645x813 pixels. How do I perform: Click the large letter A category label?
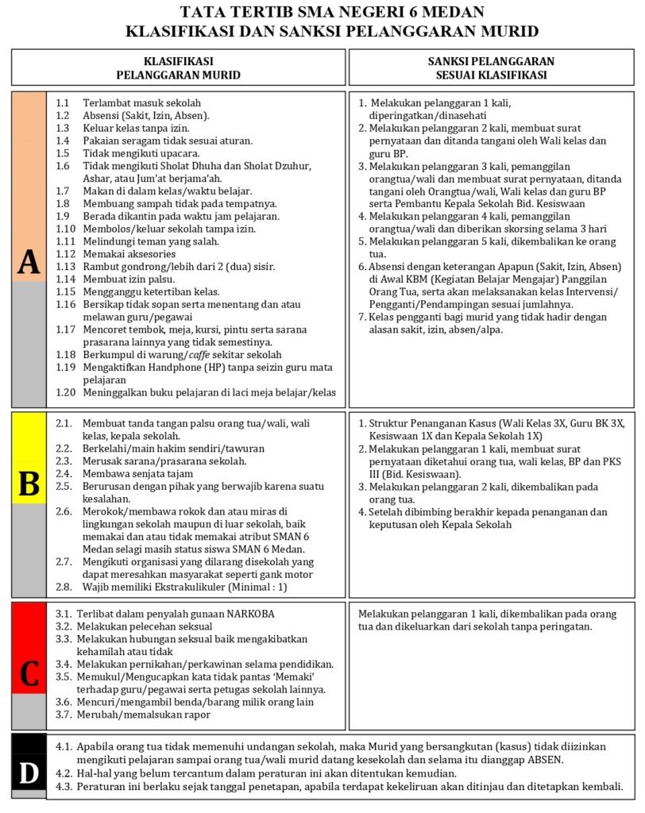[x=29, y=263]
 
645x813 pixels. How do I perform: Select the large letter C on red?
[x=29, y=673]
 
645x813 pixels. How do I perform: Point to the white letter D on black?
[x=29, y=773]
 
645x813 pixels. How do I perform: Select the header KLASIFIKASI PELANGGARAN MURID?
[x=178, y=67]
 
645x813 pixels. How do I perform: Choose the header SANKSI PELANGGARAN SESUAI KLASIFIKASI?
[x=491, y=67]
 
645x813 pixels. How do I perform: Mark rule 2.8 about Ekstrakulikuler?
[x=184, y=588]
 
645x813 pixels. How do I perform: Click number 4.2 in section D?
[x=66, y=773]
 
